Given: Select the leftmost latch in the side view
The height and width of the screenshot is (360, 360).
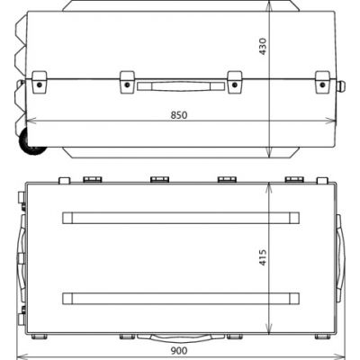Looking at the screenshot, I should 40,81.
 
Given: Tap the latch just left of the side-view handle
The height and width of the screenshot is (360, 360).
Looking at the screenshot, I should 126,81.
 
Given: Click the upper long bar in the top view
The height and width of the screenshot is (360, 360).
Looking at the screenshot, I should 179,218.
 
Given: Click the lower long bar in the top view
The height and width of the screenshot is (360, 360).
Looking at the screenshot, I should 179,298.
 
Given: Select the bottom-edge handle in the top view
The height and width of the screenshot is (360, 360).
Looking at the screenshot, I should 179,339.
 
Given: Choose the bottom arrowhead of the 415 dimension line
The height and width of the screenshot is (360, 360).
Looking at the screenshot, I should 271,331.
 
